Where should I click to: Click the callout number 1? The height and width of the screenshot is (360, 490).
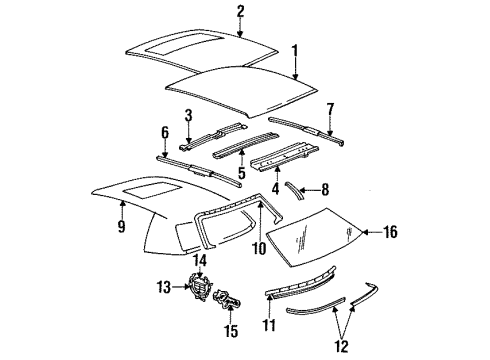coord(294,50)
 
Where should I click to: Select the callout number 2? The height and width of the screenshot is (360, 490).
coord(240,11)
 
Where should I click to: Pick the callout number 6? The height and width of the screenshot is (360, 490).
coord(165,133)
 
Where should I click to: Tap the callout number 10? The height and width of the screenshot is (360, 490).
coord(258,249)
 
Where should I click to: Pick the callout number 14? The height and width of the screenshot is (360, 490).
coord(199,261)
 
